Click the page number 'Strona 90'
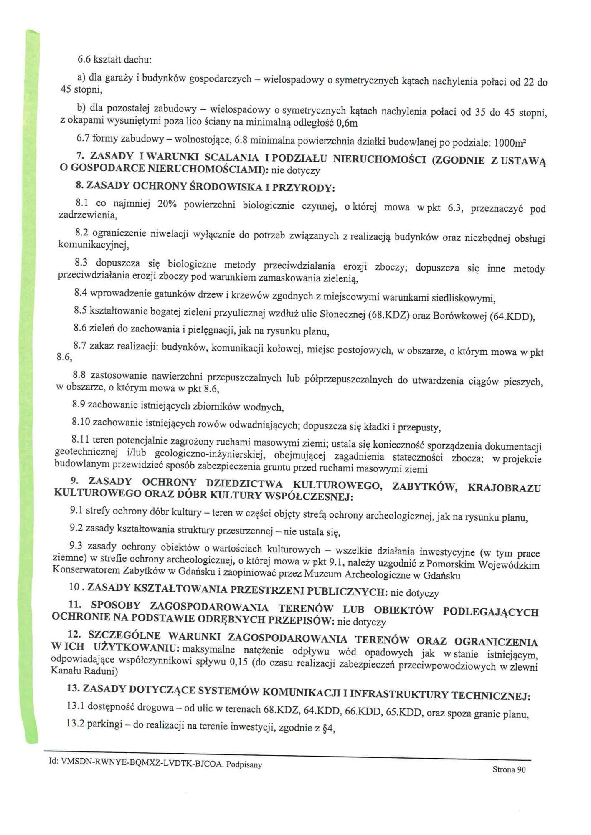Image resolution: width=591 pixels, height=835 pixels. (x=509, y=769)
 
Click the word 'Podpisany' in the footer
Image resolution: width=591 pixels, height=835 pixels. (x=244, y=764)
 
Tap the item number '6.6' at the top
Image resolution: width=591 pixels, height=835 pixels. (x=85, y=59)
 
